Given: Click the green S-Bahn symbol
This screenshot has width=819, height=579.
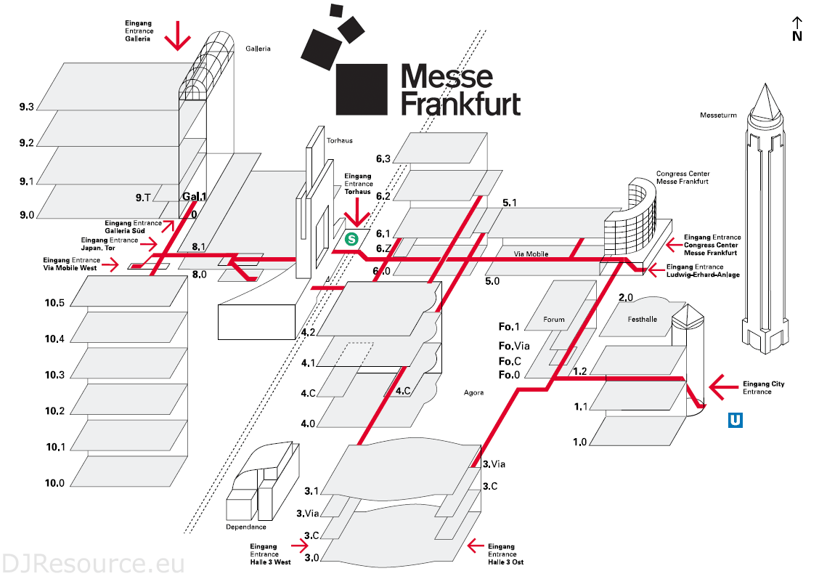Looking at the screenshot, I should click(x=352, y=238).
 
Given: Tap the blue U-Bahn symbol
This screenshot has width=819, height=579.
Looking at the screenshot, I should click(x=736, y=420).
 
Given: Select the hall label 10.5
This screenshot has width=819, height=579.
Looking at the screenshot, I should click(x=54, y=302).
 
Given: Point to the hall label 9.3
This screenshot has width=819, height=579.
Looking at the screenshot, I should click(x=27, y=107).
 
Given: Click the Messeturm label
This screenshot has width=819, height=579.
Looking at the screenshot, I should click(x=718, y=115).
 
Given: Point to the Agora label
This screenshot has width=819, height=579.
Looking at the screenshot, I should click(x=474, y=393).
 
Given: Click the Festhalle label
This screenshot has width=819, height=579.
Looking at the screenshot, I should click(x=642, y=318).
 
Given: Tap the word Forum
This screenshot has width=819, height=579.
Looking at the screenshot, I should click(x=554, y=319).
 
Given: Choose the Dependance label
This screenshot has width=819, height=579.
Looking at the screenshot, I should click(x=247, y=527).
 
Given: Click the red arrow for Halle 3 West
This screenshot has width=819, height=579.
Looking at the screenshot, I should click(x=301, y=543).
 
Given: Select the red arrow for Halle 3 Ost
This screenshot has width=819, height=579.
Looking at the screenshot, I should click(x=476, y=543).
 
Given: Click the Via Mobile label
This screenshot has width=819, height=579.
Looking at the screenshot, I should click(x=531, y=254).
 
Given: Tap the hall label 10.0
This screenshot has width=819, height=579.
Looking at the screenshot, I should click(x=54, y=483).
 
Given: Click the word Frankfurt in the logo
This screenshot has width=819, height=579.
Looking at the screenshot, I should click(x=460, y=103).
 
